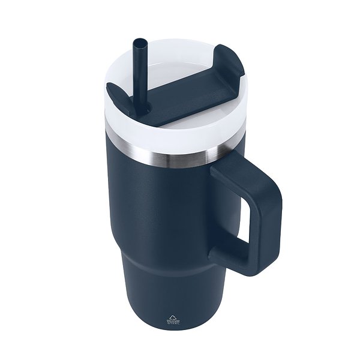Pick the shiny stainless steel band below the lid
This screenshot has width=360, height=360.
168,155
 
